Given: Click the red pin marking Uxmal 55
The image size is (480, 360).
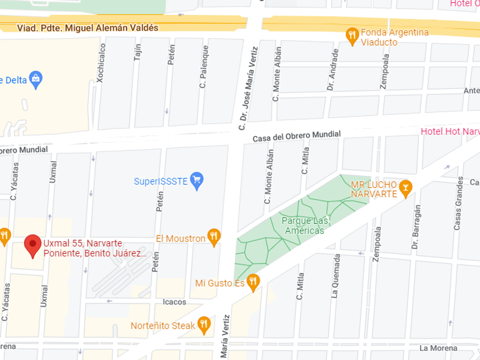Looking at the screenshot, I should point(33,245).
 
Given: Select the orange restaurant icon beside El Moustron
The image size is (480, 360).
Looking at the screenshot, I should point(214,237).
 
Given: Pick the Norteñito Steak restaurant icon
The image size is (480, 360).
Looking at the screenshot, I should point(203,325).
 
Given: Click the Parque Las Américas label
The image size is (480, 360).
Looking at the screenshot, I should point(303,226).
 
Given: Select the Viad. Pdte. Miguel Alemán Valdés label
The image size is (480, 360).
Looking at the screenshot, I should point(87,27).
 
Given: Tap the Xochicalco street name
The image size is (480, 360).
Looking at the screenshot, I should point(101,64).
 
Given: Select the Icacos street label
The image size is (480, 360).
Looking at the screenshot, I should point(174,302).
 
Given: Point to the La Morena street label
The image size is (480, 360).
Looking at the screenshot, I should point(439,347).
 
